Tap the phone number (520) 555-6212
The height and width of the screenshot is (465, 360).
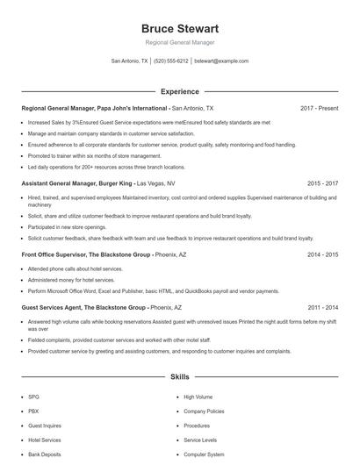click(x=170, y=61)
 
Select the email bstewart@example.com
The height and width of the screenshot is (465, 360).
click(x=221, y=61)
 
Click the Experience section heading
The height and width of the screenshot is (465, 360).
click(x=179, y=91)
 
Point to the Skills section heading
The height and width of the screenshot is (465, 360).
click(x=179, y=377)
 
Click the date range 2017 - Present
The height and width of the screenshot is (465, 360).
click(x=319, y=108)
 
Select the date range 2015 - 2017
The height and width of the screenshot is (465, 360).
click(x=322, y=184)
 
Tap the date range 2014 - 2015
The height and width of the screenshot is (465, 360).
click(x=322, y=254)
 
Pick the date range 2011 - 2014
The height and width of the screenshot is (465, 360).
click(x=322, y=308)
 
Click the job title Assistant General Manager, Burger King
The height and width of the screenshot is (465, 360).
click(x=77, y=184)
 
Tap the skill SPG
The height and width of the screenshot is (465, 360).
click(x=33, y=397)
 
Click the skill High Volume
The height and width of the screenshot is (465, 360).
click(x=198, y=397)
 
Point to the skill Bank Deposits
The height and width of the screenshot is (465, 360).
click(x=45, y=454)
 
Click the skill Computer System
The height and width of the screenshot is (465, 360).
click(x=204, y=454)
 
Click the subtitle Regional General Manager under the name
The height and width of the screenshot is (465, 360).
click(x=179, y=42)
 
